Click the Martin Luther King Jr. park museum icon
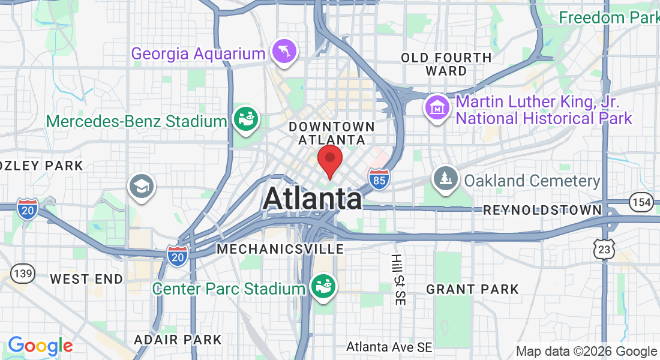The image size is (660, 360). [437, 107]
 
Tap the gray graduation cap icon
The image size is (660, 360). [142, 185]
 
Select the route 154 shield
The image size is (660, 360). [642, 202]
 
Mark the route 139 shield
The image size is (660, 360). [23, 274]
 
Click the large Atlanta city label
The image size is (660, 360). [312, 199]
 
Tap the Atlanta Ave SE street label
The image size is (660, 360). [389, 347]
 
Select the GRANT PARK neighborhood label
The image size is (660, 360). [472, 289]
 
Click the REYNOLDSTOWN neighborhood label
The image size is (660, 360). [542, 210]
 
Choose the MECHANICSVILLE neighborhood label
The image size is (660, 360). [280, 248]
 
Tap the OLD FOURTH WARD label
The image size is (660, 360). [446, 64]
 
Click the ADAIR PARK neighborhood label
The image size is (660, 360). [178, 340]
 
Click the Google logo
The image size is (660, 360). [40, 346]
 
